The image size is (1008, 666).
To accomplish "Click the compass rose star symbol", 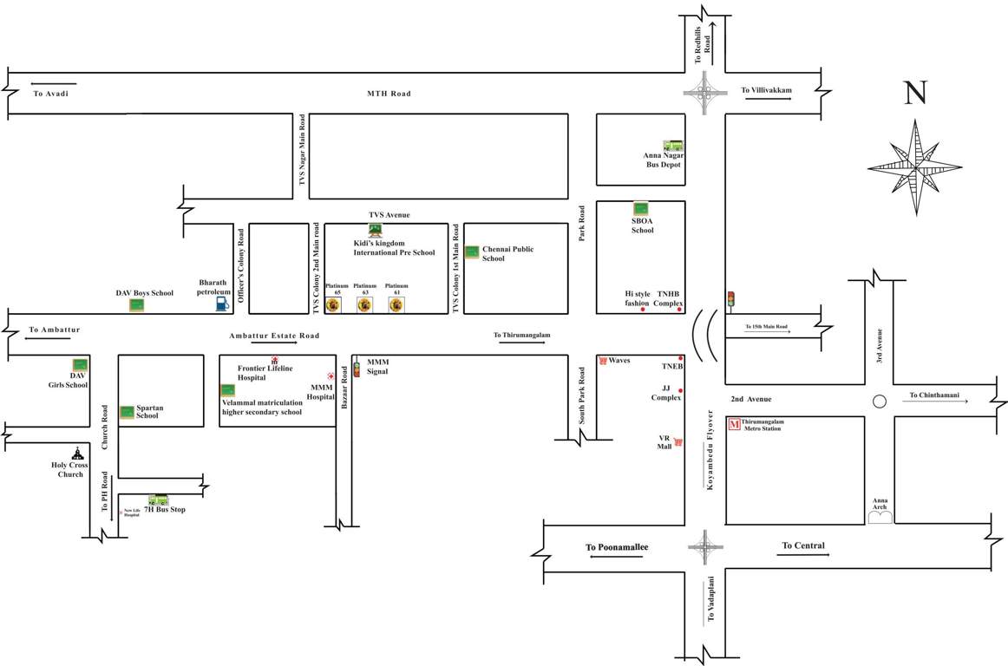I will click(914, 167).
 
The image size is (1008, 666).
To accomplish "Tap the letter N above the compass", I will click(915, 93).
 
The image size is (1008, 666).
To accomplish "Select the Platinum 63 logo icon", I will click(364, 305).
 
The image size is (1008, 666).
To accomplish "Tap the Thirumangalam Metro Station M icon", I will click(734, 424).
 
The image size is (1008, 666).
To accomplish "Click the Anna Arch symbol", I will click(880, 517).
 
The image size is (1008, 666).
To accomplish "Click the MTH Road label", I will click(388, 94).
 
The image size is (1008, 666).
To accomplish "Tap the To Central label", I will click(802, 545).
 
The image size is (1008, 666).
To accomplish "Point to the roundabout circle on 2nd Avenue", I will click(879, 402).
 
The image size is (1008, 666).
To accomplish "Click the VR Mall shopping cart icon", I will click(678, 442).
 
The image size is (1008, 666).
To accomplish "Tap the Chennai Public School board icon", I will click(472, 252).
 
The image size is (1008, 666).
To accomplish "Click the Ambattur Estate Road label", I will click(274, 336).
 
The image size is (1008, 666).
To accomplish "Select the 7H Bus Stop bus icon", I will click(158, 499).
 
